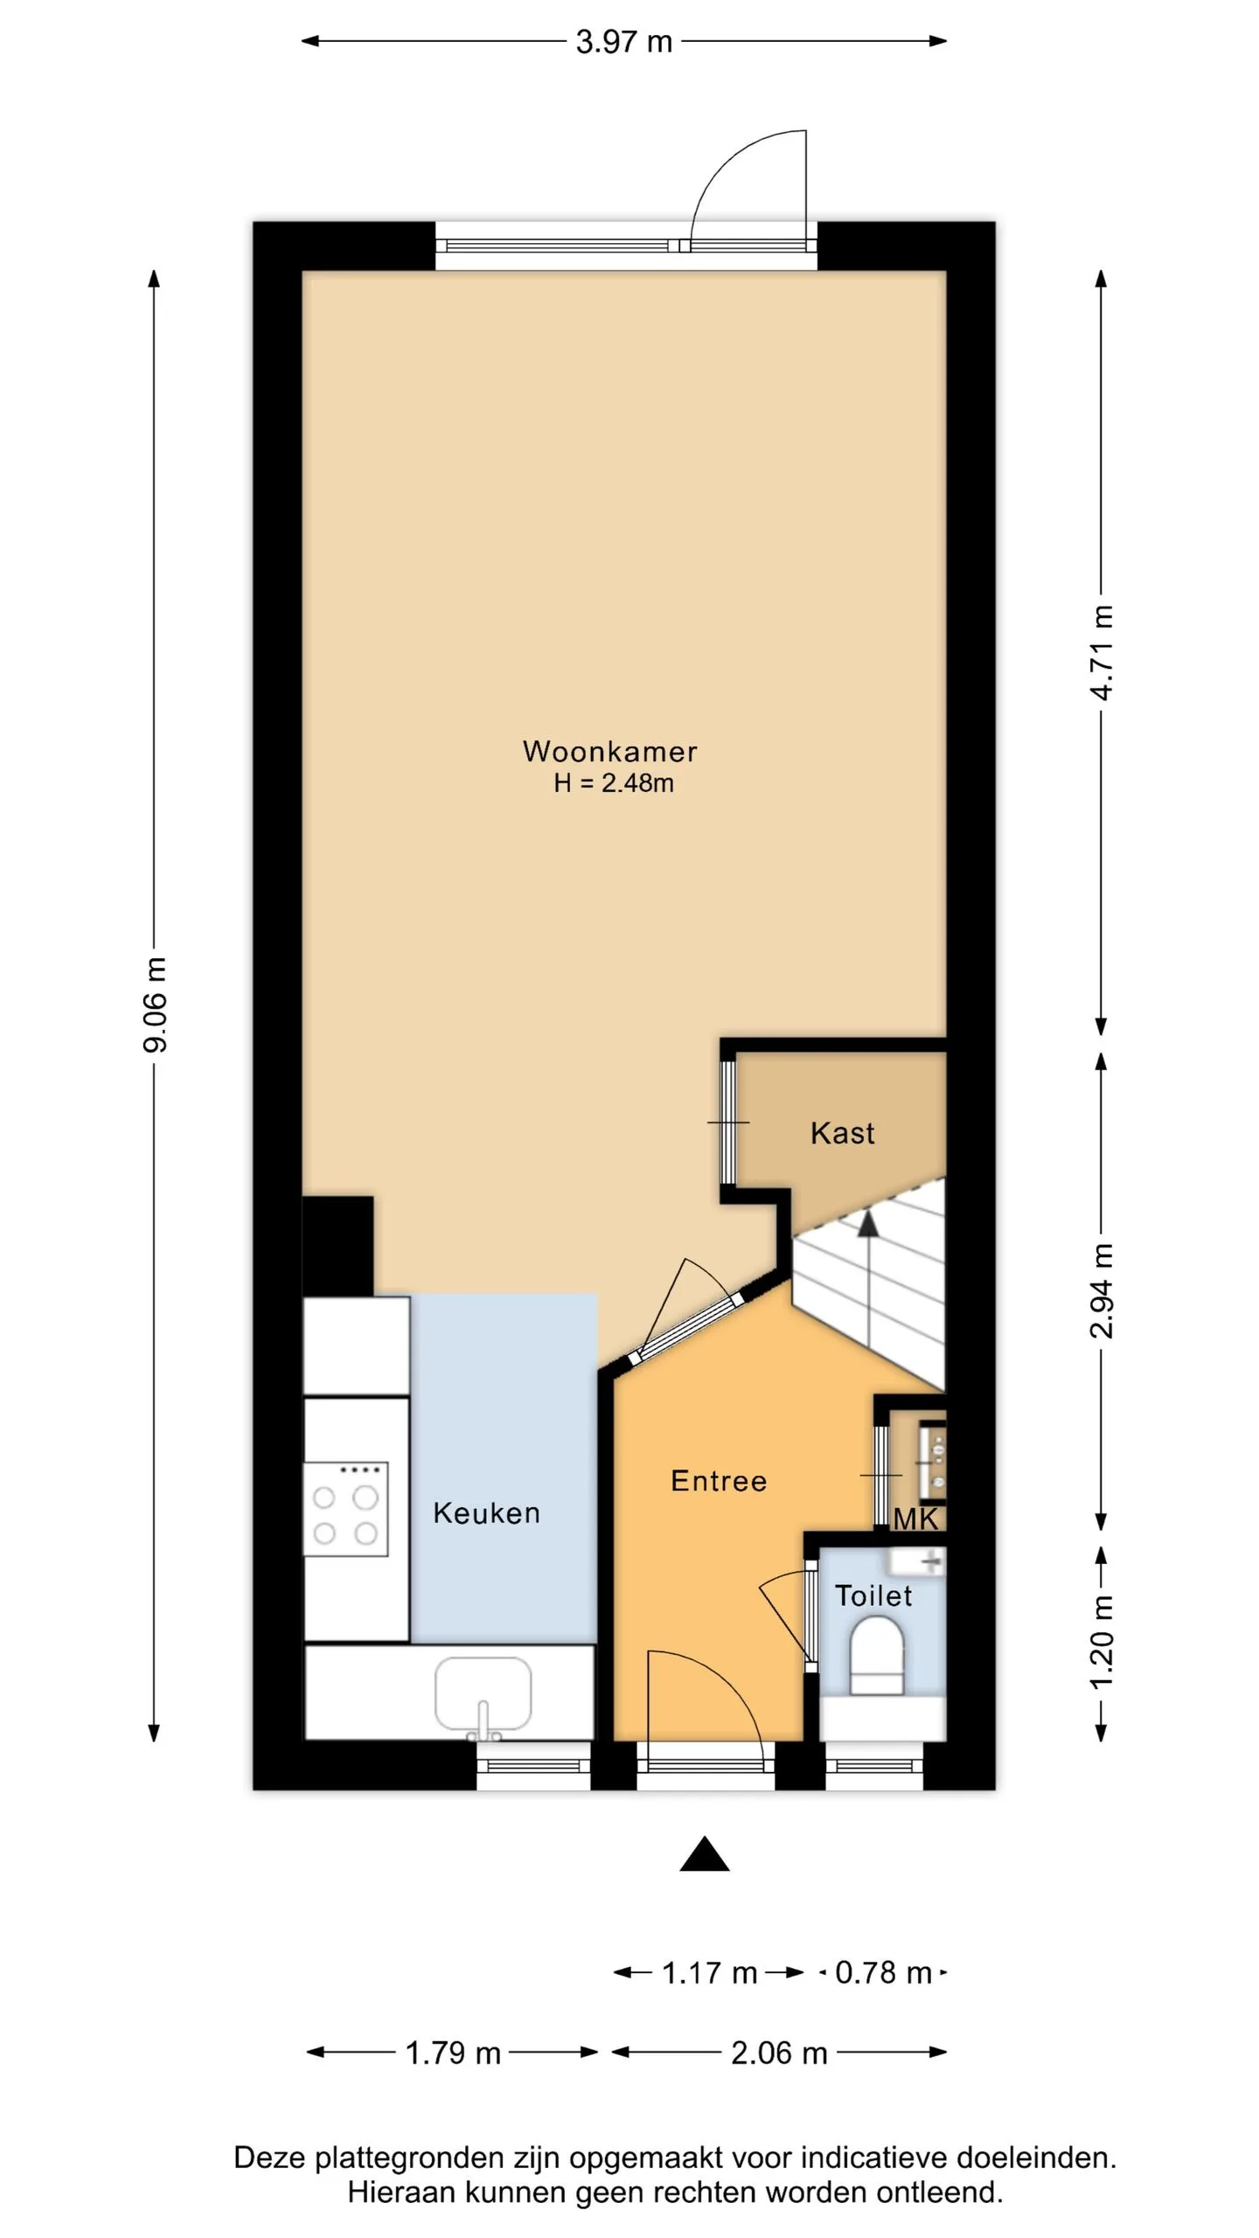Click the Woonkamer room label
609,751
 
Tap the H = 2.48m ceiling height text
614,782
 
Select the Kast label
842,1133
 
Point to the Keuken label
486,1513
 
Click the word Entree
719,1481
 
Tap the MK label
915,1519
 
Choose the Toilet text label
873,1596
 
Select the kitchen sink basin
483,1692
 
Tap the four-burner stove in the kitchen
345,1509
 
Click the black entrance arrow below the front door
705,1853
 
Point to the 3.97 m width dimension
623,42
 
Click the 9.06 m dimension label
155,1004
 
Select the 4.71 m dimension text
1102,653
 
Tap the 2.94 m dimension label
1102,1290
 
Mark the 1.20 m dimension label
1102,1642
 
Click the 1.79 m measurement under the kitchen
453,2053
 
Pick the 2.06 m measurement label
779,2053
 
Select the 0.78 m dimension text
883,1972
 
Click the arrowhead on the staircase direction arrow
867,1223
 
